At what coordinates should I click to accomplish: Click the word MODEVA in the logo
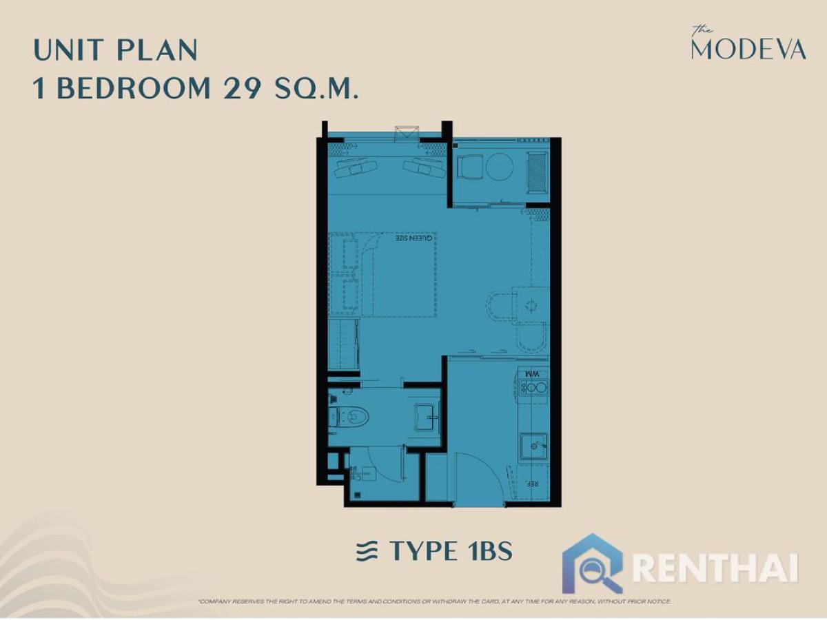(x=748, y=50)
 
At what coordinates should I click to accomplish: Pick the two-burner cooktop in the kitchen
(x=534, y=388)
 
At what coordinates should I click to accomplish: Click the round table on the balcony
(x=499, y=166)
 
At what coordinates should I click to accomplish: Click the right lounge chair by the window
(x=425, y=167)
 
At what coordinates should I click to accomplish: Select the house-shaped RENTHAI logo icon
(x=593, y=562)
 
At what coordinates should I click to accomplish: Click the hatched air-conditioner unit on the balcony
(x=536, y=172)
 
